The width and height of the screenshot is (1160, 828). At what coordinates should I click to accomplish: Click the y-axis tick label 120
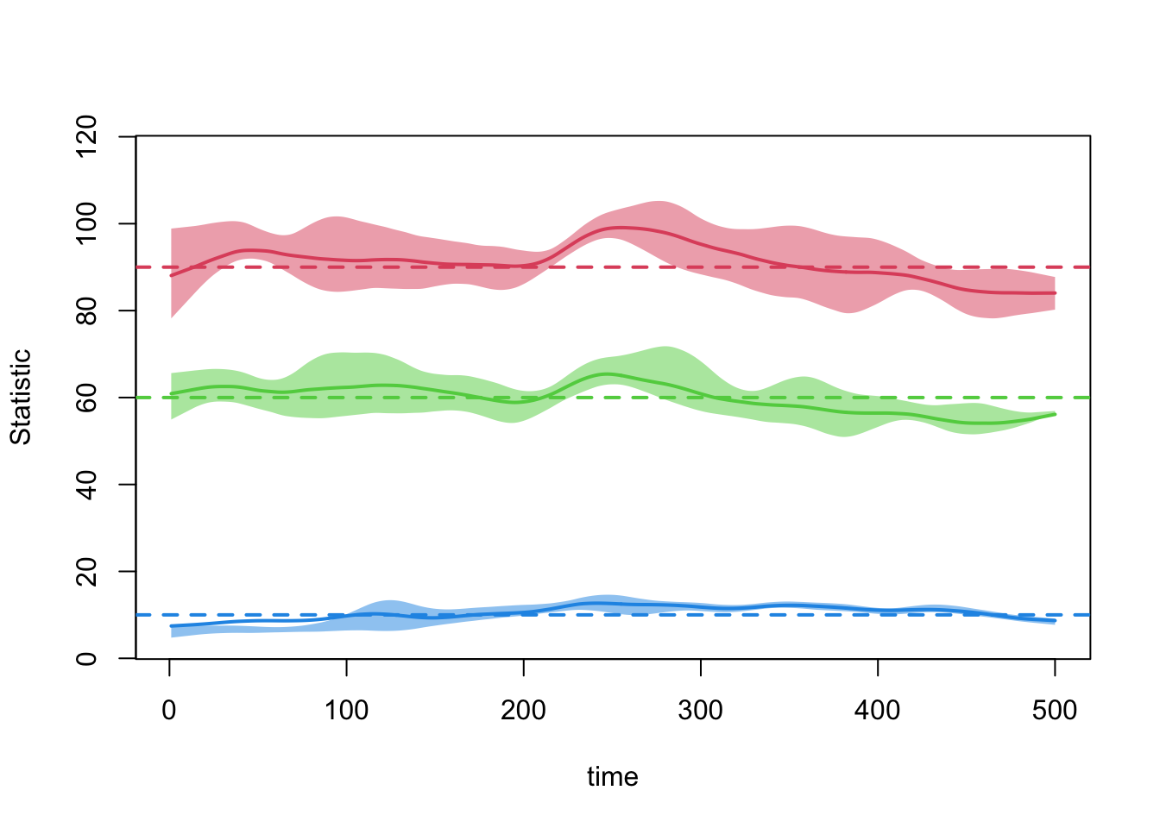coord(86,136)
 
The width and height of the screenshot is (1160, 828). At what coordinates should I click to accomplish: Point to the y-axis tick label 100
coord(86,223)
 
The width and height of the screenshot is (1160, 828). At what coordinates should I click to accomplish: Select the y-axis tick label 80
coord(86,310)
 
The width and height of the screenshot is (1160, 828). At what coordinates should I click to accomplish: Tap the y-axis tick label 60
coord(86,398)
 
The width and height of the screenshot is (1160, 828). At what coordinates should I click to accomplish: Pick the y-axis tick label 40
coord(86,485)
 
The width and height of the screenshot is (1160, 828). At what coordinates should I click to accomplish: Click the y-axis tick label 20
coord(86,571)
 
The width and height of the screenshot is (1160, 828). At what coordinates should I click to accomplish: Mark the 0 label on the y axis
coord(86,658)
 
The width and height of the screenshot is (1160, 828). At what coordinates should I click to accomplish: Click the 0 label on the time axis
coord(170,711)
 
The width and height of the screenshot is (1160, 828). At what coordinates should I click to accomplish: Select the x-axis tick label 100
coord(346,711)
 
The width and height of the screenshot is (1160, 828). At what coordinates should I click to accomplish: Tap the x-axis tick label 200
coord(524,711)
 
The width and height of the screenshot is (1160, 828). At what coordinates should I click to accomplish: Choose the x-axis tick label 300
coord(701,711)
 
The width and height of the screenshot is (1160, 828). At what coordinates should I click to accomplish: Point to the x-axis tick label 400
coord(878,711)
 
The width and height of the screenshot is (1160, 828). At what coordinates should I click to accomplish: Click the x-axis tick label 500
coord(1055,711)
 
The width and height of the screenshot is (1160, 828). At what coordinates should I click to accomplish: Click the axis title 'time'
coord(613,777)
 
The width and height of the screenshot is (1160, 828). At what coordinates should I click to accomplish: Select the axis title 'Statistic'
coord(21,397)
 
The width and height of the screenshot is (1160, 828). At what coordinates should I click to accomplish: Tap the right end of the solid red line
coord(1055,293)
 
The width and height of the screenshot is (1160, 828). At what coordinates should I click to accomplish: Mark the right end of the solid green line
coord(1055,414)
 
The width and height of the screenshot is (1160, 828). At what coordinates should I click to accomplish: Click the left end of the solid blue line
coord(172,626)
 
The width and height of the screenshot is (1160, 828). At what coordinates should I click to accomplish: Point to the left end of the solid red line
coord(172,275)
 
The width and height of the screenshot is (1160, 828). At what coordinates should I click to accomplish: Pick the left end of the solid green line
coord(172,393)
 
